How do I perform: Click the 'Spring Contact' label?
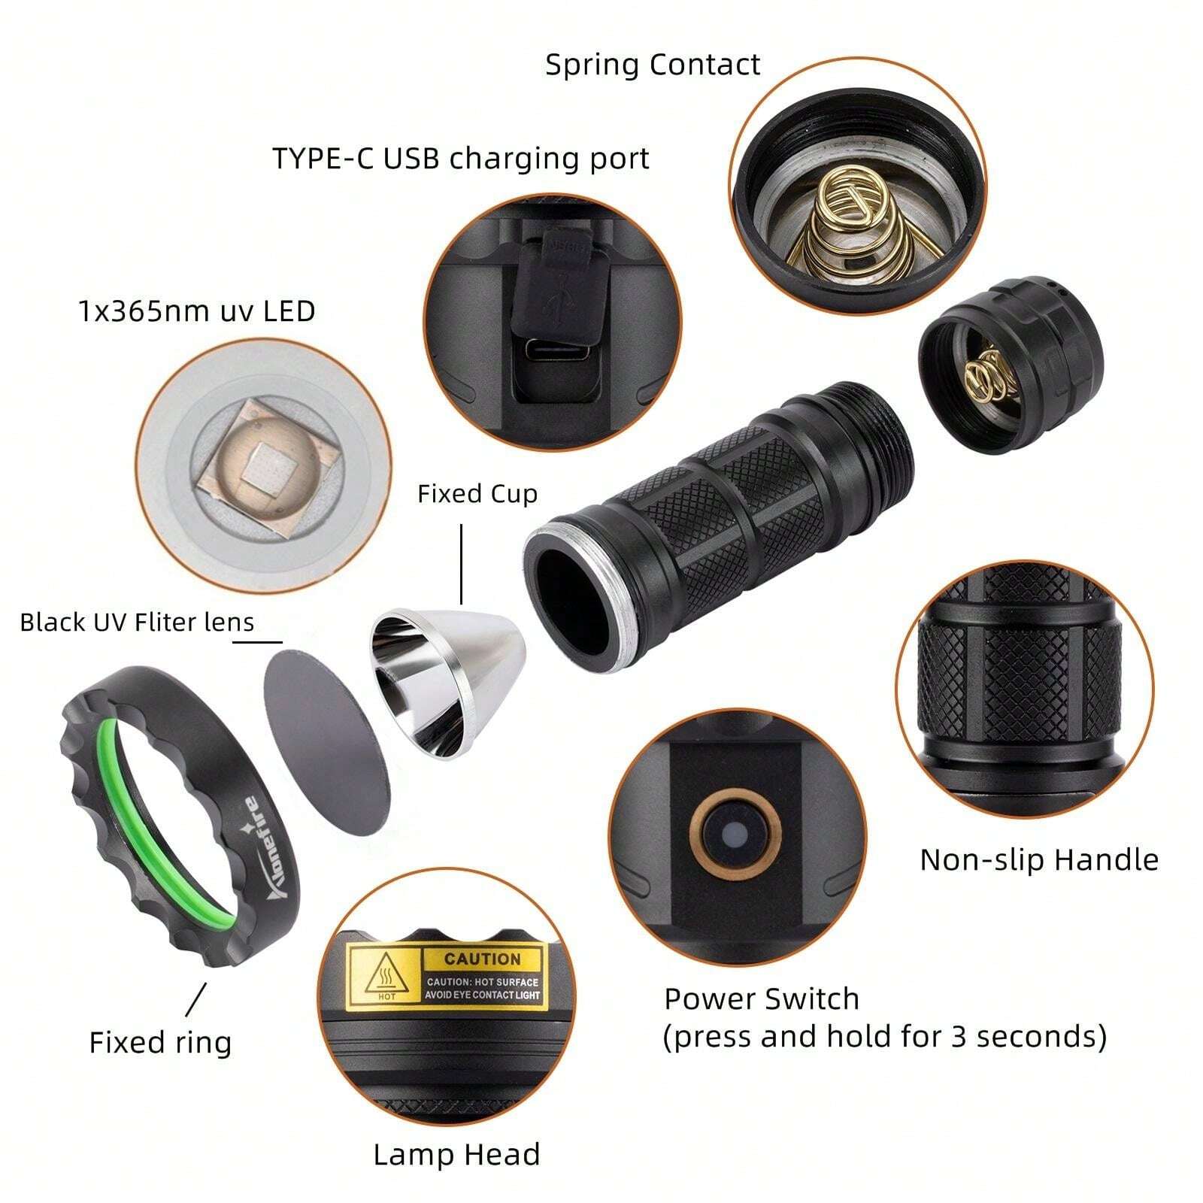coord(652,65)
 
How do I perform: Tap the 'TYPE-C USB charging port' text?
coord(460,159)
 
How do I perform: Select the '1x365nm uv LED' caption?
coord(196,311)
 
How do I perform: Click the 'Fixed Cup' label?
coord(477,494)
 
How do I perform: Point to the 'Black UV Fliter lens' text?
coord(137,623)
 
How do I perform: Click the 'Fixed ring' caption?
coord(160,1043)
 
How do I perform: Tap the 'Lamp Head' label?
coord(456,1155)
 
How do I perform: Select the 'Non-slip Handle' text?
coord(1039,859)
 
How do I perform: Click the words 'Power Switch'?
coord(761,999)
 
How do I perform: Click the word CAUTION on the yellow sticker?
coord(482,959)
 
